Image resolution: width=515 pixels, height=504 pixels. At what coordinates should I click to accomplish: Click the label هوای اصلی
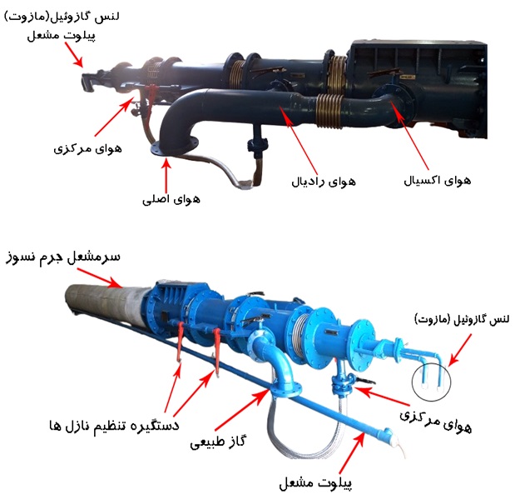tap(171, 200)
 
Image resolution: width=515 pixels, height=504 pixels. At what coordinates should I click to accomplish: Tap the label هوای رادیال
tap(324, 182)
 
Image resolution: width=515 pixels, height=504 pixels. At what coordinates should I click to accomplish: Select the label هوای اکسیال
tap(437, 181)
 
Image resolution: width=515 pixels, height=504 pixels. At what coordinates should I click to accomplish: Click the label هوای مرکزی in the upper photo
tap(87, 148)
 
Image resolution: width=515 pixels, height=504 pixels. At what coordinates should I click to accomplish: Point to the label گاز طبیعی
tap(219, 442)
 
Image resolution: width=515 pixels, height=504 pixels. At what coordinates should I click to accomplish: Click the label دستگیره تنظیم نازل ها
tap(114, 426)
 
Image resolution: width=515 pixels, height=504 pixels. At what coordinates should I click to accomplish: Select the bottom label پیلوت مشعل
tap(315, 483)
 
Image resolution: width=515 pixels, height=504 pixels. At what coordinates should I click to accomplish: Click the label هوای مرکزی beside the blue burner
tap(436, 422)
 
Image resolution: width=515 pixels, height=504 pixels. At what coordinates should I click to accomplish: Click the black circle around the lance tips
tap(431, 382)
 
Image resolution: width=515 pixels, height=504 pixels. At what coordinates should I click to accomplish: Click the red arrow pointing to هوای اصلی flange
tap(166, 175)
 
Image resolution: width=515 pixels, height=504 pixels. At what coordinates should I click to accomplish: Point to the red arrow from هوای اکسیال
tap(409, 136)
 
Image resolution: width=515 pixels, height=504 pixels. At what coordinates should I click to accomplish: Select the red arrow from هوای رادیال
tap(299, 140)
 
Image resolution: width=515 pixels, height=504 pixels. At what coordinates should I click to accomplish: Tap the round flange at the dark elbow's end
tap(175, 147)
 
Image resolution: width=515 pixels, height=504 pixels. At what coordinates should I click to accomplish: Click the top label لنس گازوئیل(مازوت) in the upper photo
tap(62, 17)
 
